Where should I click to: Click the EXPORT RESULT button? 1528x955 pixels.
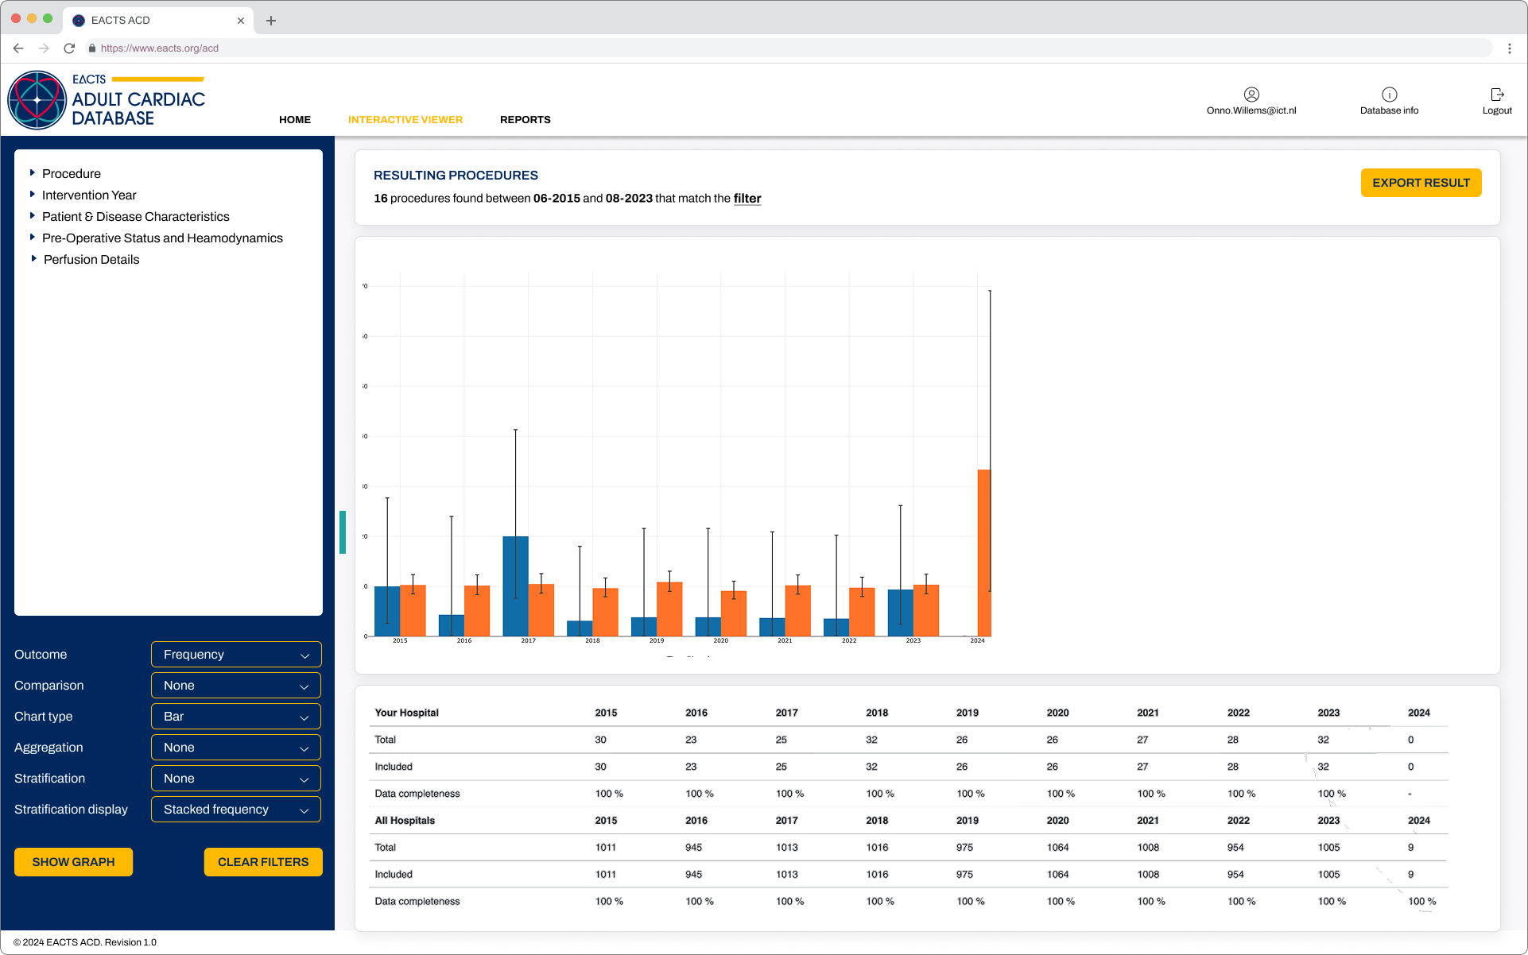pos(1421,183)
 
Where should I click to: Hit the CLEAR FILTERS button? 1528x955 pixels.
pos(263,862)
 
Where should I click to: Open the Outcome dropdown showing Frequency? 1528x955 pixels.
pos(236,655)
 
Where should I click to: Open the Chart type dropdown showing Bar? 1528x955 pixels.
pos(236,717)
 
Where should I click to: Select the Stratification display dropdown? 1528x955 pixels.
pos(236,810)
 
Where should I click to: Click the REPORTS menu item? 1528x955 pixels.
pos(525,120)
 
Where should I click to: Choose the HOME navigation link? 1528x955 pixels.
pos(295,120)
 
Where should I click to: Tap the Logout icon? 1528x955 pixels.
pos(1497,95)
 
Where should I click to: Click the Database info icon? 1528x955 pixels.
pos(1389,95)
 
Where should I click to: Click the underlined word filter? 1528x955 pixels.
pos(747,199)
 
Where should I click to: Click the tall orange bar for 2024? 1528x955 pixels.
pos(984,556)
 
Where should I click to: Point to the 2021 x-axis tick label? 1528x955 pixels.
pos(785,640)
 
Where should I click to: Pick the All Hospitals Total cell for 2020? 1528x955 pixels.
pos(1057,848)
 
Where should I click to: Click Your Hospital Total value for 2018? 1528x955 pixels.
pos(871,740)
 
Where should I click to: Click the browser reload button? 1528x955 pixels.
pos(69,48)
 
